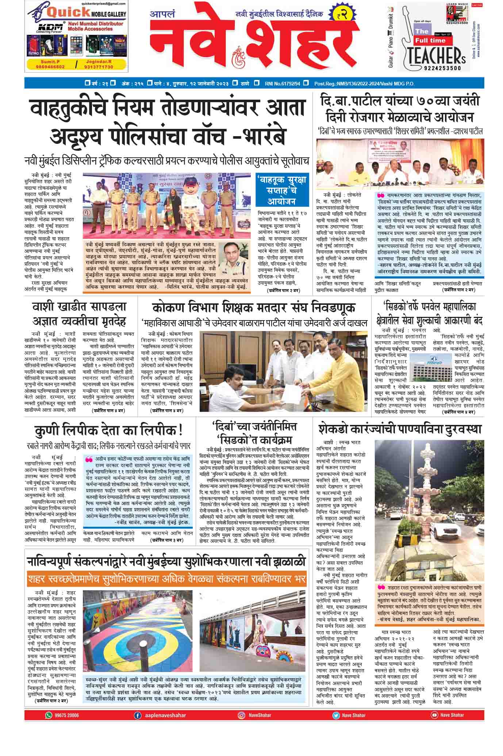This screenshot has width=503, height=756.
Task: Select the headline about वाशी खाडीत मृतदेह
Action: coord(79,314)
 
